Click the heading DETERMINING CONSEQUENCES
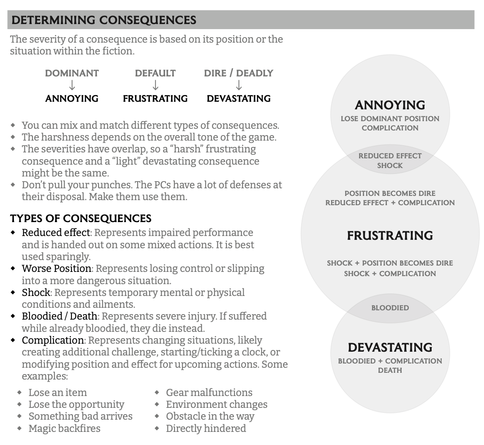[104, 20]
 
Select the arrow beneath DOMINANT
[72, 86]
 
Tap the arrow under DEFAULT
[155, 86]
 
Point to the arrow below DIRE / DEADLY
[239, 86]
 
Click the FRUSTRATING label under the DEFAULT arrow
[155, 99]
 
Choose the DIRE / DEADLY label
[239, 73]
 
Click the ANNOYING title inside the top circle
[390, 105]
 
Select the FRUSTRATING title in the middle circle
[390, 236]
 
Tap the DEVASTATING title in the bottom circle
[390, 347]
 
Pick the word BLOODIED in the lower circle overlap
[390, 308]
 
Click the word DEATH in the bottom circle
[390, 371]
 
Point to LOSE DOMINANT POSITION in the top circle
[390, 119]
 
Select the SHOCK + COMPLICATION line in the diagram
[390, 274]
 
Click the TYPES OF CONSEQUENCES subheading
[81, 218]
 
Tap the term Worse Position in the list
[57, 269]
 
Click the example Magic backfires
[64, 429]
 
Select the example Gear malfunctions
[209, 393]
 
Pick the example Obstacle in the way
[210, 416]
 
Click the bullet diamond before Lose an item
[20, 393]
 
